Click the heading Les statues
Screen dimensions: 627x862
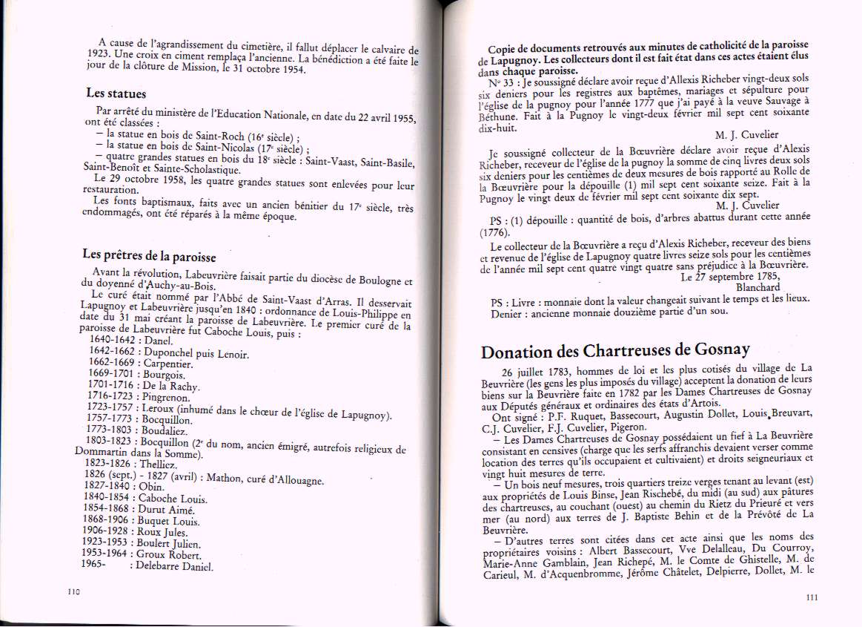click(116, 94)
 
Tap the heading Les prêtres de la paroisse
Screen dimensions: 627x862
click(149, 255)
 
